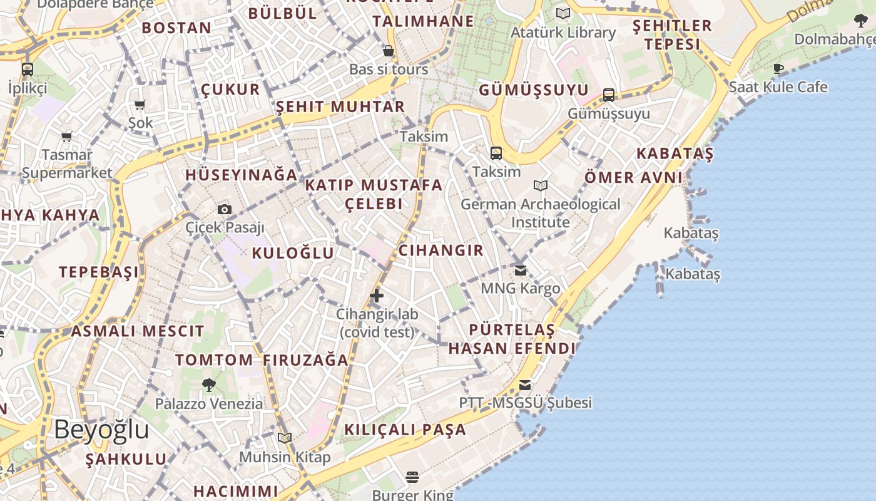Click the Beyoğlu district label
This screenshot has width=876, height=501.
101,430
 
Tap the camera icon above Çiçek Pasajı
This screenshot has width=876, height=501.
225,210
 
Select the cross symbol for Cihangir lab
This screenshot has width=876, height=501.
377,296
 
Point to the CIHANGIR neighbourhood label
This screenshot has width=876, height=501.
441,250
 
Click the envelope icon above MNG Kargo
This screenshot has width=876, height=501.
521,271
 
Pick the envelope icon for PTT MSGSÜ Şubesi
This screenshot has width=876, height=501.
525,385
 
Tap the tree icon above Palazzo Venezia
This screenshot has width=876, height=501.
209,385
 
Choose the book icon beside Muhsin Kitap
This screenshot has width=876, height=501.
285,438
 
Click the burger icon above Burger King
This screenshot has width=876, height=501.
412,477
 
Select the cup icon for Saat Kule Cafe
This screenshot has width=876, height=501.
778,68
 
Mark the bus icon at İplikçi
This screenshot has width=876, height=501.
28,69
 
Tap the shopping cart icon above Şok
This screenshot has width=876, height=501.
140,105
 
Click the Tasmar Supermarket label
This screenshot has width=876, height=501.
67,163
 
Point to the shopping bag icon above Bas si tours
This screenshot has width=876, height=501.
389,51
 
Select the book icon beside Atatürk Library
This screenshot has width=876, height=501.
563,13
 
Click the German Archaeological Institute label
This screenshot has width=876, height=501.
541,213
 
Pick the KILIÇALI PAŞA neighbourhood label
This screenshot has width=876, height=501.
405,430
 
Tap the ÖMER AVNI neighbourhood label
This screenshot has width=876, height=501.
633,177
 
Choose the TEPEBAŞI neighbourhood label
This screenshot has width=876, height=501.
99,272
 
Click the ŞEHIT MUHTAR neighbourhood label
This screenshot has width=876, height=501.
340,106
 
